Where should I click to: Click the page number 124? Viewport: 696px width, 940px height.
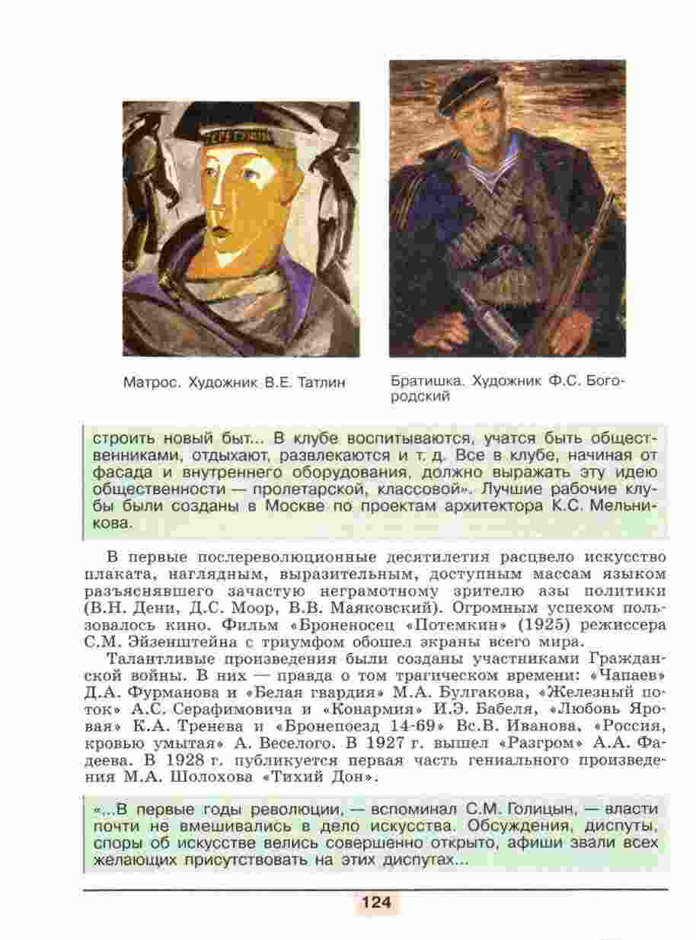tap(375, 903)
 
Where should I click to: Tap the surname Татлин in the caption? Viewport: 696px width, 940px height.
tap(320, 382)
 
